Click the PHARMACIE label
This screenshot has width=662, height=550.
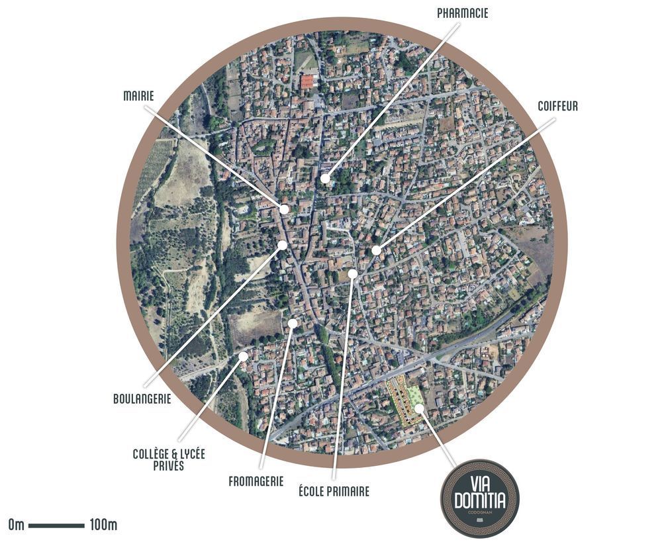(463, 13)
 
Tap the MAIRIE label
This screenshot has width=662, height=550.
(138, 97)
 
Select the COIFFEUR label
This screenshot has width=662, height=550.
(558, 106)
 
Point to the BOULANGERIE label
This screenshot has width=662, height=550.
(142, 399)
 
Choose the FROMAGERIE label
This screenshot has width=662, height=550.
(256, 481)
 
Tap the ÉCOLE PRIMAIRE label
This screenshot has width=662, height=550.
(334, 491)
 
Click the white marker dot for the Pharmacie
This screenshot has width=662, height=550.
(325, 179)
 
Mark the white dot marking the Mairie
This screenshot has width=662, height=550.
(284, 209)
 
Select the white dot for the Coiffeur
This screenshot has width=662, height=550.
(376, 250)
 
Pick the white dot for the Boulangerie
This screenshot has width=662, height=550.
(283, 245)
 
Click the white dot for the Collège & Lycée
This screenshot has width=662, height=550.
(243, 356)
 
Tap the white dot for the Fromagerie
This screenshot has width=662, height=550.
(293, 323)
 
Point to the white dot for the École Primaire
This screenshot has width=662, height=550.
(353, 273)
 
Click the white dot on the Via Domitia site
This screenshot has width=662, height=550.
(418, 408)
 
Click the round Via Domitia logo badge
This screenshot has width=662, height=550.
(480, 498)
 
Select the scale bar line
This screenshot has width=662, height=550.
(56, 526)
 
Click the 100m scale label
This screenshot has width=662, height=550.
(103, 526)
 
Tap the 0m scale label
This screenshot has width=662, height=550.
(17, 526)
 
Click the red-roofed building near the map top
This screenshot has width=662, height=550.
(307, 82)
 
